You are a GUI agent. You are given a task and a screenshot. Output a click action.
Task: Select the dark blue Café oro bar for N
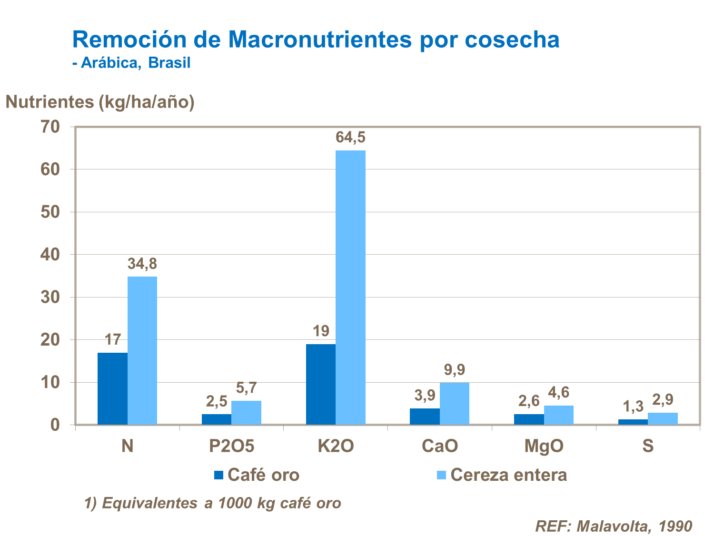(x=112, y=388)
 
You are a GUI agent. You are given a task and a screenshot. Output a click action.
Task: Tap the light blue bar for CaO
(x=454, y=403)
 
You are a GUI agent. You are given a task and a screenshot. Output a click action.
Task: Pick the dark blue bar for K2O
(x=320, y=384)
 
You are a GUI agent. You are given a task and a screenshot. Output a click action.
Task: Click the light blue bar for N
(x=142, y=350)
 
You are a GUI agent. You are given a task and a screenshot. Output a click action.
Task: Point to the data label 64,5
(x=350, y=138)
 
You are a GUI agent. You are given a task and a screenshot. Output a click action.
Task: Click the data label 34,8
(x=142, y=264)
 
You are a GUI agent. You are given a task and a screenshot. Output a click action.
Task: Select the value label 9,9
(x=454, y=370)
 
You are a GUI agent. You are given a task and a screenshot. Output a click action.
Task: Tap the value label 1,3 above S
(x=633, y=407)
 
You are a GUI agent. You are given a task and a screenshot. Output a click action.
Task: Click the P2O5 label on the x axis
(x=232, y=446)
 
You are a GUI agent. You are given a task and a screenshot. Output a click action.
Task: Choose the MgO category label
(x=544, y=446)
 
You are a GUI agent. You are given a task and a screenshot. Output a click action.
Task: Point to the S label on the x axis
(x=648, y=446)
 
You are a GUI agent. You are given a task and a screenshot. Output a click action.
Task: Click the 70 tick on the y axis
(x=50, y=127)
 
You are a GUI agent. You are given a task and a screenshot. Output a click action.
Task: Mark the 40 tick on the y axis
(x=50, y=255)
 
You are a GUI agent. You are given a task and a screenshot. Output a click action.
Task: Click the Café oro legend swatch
(x=218, y=475)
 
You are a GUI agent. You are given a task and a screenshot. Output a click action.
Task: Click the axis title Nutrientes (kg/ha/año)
(x=100, y=102)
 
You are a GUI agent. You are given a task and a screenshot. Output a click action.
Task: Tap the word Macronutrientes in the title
(x=319, y=40)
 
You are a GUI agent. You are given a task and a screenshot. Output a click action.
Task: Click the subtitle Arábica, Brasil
(x=135, y=63)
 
